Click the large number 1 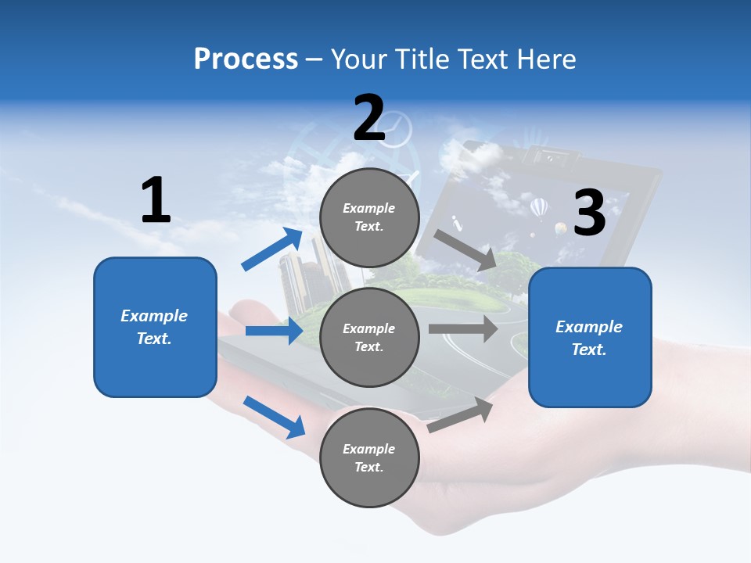[156, 200]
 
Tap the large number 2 [369, 117]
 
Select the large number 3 [590, 213]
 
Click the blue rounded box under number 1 [155, 327]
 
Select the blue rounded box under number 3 [590, 337]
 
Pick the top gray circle [369, 217]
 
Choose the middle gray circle [369, 337]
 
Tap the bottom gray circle [369, 457]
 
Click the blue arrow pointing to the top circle [272, 249]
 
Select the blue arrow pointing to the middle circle [274, 331]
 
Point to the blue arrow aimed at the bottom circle [274, 416]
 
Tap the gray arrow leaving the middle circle [463, 328]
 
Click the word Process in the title [246, 59]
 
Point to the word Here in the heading [546, 59]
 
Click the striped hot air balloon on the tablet [540, 208]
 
